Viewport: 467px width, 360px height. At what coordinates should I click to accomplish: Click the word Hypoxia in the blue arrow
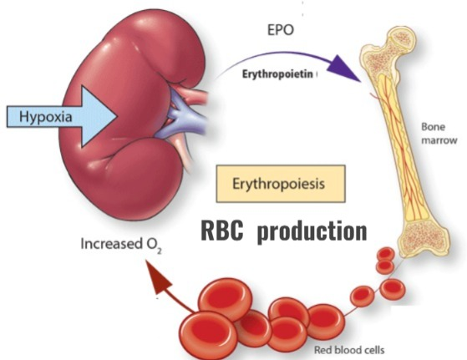46,116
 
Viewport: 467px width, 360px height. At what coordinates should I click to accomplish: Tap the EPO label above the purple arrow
281,30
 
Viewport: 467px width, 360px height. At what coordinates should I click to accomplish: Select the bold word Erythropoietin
277,74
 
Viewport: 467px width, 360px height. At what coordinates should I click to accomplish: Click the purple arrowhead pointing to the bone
345,68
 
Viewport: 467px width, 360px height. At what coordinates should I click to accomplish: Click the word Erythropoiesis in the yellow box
278,184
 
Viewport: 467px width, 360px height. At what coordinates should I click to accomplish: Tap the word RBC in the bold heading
222,231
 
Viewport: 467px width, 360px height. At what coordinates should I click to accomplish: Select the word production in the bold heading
312,231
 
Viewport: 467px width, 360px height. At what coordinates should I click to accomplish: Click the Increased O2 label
121,245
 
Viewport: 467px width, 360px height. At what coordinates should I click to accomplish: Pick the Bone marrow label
439,134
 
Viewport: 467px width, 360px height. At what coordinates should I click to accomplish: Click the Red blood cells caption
349,350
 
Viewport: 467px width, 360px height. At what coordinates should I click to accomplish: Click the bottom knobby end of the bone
424,239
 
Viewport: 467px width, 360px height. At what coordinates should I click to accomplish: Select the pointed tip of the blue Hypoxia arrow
117,116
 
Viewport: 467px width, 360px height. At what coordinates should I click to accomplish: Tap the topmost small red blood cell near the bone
386,255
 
